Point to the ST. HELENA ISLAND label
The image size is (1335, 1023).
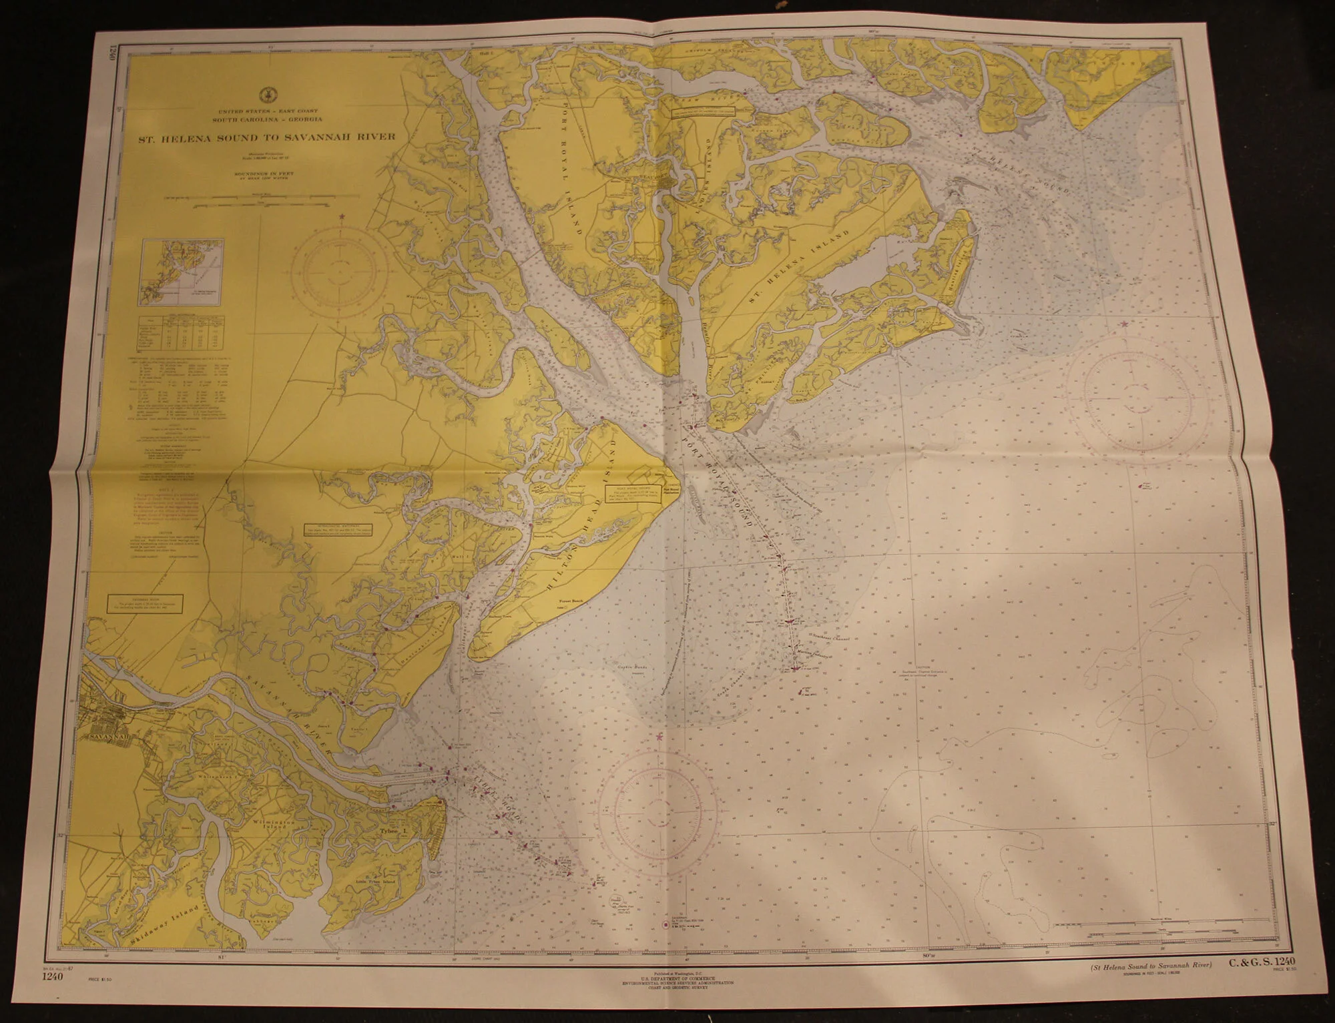pos(800,266)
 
